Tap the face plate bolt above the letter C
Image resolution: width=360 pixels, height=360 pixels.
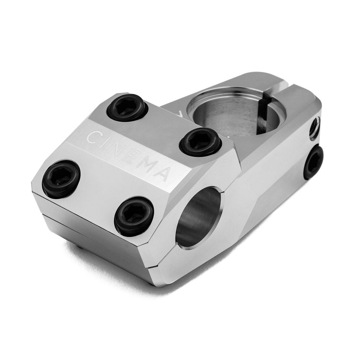tap(127, 107)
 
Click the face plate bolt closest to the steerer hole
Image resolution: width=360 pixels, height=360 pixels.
tap(200, 142)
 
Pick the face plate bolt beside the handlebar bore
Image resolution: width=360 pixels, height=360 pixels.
tap(134, 216)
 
